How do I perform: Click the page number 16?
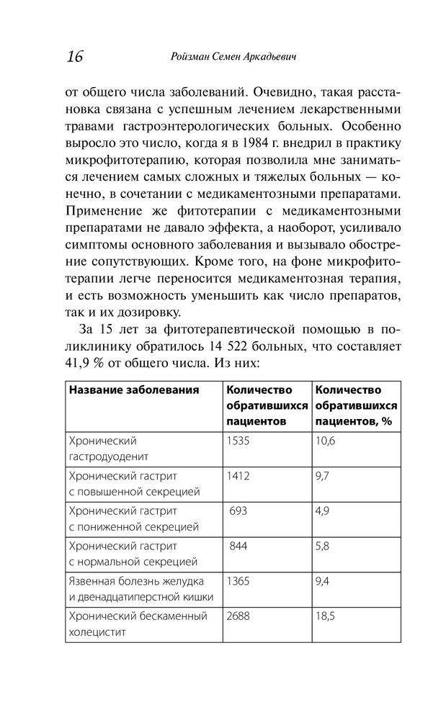tap(73, 56)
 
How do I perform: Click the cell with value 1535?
tap(238, 441)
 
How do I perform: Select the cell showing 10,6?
tap(326, 441)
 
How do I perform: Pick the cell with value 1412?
tap(238, 476)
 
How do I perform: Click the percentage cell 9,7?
tap(323, 476)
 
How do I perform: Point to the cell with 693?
tap(239, 510)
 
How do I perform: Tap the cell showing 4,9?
tap(323, 510)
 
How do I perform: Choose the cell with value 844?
tap(239, 546)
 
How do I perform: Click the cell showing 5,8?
tap(323, 546)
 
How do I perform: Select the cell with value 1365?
tap(238, 580)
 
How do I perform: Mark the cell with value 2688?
tap(238, 616)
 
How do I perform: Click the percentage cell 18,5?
tap(326, 616)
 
